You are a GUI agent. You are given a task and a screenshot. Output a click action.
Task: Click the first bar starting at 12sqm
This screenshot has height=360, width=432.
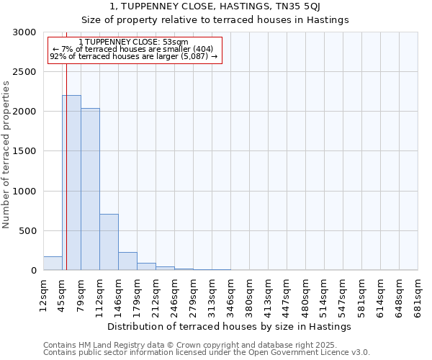53,264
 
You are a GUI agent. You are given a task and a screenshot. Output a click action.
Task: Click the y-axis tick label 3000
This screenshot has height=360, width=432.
24,32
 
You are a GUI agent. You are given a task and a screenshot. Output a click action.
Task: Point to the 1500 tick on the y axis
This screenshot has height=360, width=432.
24,151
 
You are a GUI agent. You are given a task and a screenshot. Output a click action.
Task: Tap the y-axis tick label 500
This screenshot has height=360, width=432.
27,231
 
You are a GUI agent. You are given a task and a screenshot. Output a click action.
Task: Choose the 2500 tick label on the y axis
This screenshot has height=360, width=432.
24,72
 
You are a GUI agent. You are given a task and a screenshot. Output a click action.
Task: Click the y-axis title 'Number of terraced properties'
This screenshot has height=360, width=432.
6,154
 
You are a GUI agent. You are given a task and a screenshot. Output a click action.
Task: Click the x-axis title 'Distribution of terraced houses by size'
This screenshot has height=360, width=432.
230,326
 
